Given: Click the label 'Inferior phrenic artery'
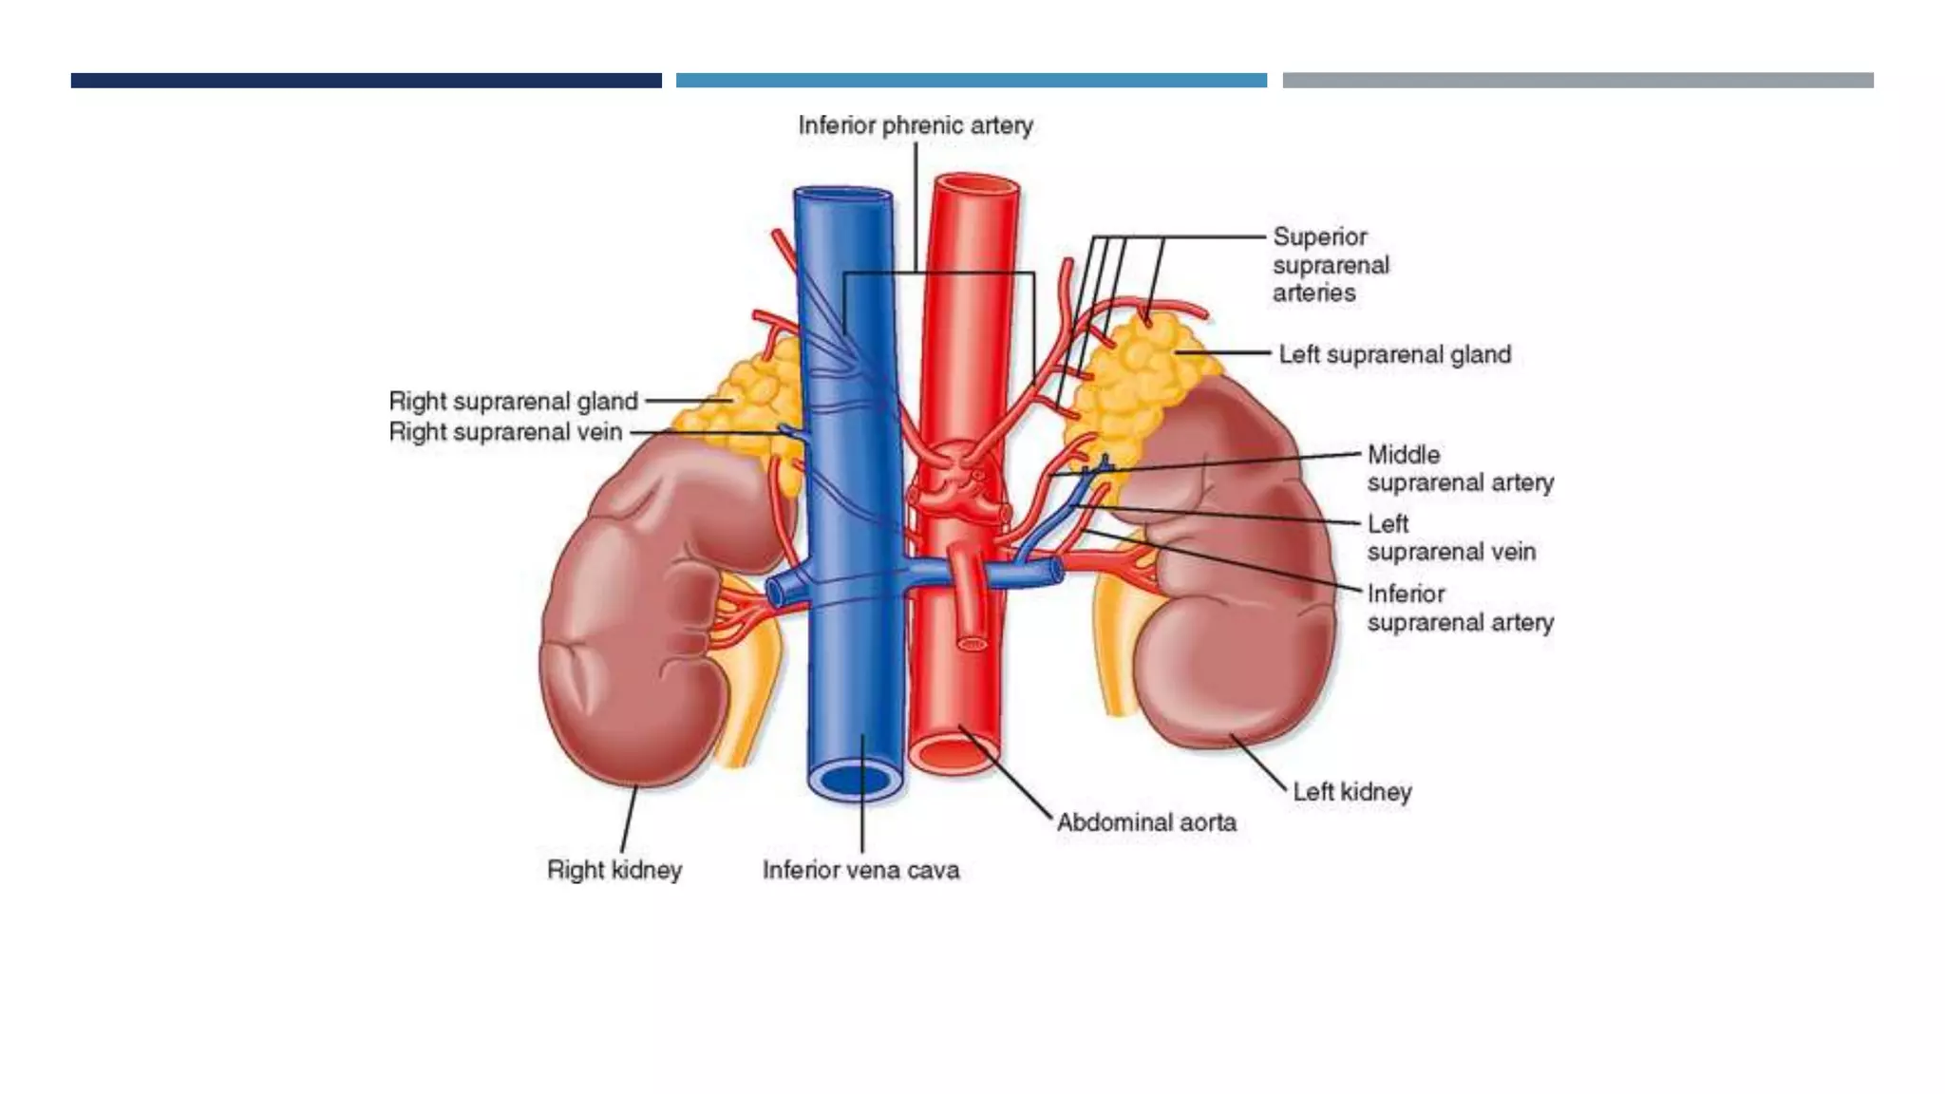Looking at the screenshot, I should pos(915,125).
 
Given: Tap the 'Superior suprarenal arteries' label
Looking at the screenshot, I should pos(1330,265).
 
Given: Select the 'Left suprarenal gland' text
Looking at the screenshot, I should pos(1394,354).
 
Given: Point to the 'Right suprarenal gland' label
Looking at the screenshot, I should pos(513,401).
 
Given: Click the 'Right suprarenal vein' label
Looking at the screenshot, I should pos(505,432).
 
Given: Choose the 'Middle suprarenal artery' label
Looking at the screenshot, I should pos(1460,468).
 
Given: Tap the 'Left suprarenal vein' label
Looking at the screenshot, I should pos(1450,538).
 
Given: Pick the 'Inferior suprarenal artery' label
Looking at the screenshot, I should pos(1460,608).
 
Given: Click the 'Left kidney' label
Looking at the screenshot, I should pos(1351,791).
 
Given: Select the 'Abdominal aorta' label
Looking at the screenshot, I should pos(1146,822).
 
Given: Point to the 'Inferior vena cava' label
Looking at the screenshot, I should pos(860,870).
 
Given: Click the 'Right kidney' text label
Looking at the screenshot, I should pos(614,870).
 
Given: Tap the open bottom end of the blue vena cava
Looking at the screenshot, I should pos(856,781).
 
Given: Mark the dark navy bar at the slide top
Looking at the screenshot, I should pos(366,81).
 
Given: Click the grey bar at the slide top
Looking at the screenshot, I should pos(1577,81).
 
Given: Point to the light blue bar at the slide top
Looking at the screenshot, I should pos(971,81).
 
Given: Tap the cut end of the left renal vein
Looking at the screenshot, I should pos(1056,571).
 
